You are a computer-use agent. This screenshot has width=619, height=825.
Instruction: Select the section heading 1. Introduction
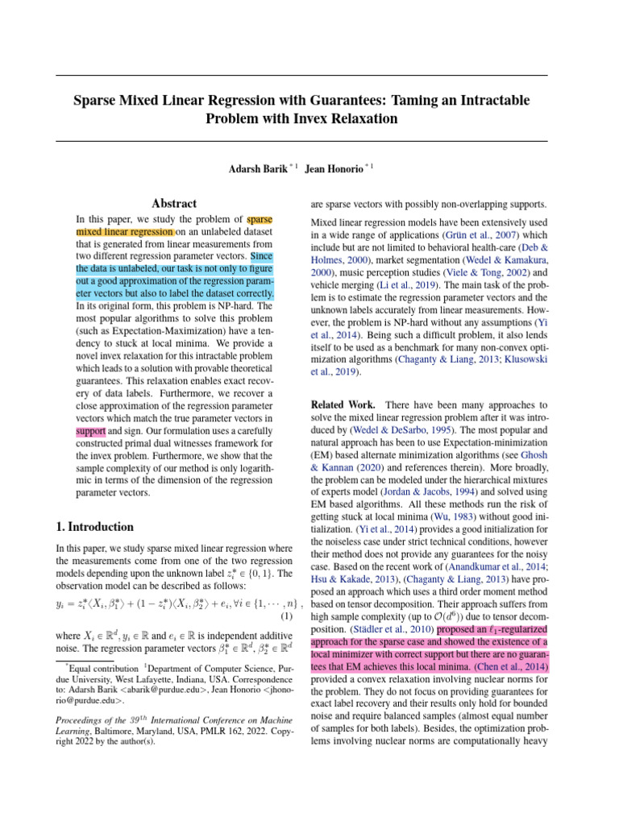point(96,527)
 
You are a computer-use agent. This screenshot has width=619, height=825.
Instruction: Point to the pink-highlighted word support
point(90,432)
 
